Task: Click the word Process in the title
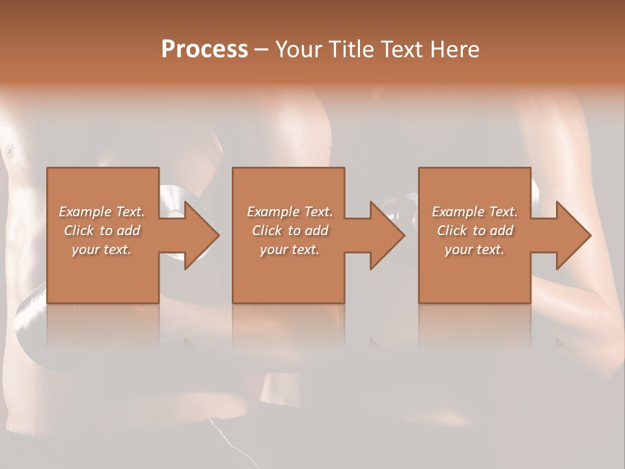(x=204, y=50)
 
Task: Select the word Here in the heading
(x=456, y=50)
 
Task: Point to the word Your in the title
(x=298, y=50)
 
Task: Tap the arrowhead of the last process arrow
(x=572, y=235)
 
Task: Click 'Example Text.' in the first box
(x=102, y=212)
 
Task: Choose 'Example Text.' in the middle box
(x=290, y=212)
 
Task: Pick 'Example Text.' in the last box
(x=475, y=212)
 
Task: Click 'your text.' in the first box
(x=102, y=249)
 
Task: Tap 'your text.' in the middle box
(x=290, y=249)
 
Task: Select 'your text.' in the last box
(x=475, y=249)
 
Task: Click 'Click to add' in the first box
(x=102, y=231)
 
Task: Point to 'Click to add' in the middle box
(x=290, y=231)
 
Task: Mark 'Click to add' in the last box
(x=475, y=231)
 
